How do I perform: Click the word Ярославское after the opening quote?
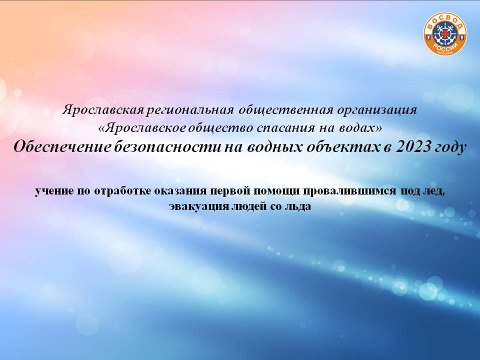(x=145, y=128)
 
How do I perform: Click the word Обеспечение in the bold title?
(x=62, y=147)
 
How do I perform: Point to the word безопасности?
(x=168, y=147)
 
